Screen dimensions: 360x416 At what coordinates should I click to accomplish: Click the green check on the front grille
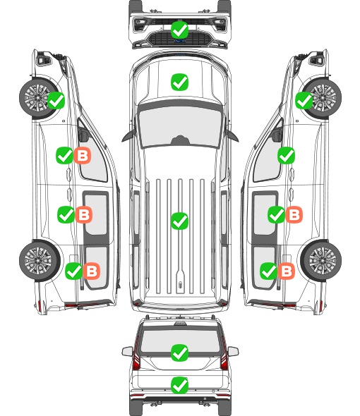180,30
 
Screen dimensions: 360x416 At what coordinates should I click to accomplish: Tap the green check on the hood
180,82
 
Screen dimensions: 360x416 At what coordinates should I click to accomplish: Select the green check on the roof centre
180,221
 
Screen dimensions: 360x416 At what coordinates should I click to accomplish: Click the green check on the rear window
180,353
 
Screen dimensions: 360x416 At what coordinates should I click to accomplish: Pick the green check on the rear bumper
180,385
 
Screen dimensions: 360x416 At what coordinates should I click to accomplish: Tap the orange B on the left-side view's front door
83,155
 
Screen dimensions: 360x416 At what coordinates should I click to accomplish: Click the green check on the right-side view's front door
286,155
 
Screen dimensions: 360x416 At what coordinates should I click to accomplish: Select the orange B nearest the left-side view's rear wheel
92,271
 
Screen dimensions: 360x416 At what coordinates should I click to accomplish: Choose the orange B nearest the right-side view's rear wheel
286,271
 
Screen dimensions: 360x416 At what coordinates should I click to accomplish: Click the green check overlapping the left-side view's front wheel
56,101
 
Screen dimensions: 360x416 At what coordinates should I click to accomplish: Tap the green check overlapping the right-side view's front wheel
304,101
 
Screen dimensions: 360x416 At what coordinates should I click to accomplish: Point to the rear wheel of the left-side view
40,260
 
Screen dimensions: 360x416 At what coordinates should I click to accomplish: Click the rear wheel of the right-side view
321,260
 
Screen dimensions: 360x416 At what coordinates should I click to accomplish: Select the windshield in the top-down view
180,126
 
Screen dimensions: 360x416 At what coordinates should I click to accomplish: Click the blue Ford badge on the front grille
180,41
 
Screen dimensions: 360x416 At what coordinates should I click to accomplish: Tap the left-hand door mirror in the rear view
127,352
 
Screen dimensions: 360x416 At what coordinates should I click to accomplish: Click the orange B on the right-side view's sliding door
294,214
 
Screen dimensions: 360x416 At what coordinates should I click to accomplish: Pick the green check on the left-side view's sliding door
66,214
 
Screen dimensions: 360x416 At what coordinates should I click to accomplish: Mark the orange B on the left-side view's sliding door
84,214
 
